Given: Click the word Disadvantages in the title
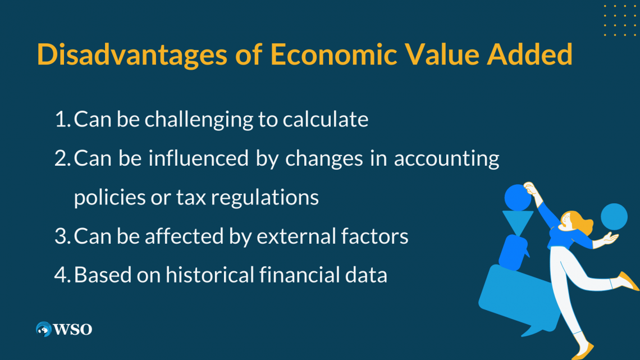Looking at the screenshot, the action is click(132, 55).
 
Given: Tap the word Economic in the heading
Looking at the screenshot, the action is click(333, 54).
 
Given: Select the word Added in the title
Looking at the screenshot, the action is click(530, 54).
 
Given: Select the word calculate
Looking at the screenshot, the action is click(326, 119).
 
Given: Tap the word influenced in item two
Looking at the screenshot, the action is click(198, 158).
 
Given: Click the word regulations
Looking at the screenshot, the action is click(264, 198).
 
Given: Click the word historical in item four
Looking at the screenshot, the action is click(210, 275).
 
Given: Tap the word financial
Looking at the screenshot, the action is click(300, 275).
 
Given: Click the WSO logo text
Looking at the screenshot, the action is click(72, 330).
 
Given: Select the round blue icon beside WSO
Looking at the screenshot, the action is click(44, 329).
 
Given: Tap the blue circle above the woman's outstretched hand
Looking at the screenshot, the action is click(614, 217).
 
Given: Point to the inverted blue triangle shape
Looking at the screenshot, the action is click(518, 222).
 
